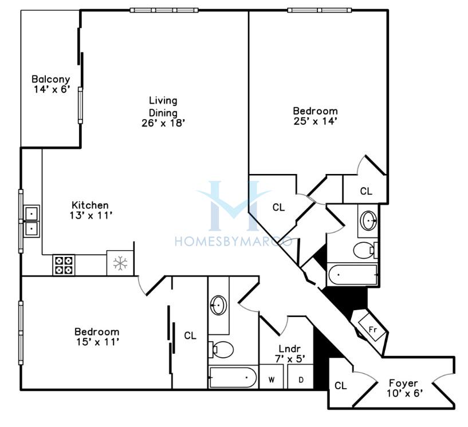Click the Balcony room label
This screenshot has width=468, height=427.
pos(51,80)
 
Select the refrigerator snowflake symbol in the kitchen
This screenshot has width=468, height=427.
pos(120,264)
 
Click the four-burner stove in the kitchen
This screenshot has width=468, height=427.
pos(64,265)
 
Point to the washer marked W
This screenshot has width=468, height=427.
pos(272,377)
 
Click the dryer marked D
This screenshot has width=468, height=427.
pos(301,377)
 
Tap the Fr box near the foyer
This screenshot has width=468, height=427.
pos(372,329)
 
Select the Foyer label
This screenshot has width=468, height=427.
pos(403,383)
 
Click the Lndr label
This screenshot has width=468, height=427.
pos(289,349)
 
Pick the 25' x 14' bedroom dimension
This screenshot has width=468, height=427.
pos(316,121)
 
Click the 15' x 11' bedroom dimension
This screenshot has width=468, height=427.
pos(98,342)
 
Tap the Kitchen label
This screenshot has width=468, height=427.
pos(90,205)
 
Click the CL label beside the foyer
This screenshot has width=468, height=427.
pos(341,386)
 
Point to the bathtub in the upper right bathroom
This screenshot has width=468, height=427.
pos(352,275)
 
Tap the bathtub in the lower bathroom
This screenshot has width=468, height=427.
pos(233,378)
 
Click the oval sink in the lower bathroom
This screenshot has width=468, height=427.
pos(218,305)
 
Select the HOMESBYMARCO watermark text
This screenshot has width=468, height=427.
pos(233,241)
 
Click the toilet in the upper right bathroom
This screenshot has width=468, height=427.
pos(365,250)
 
